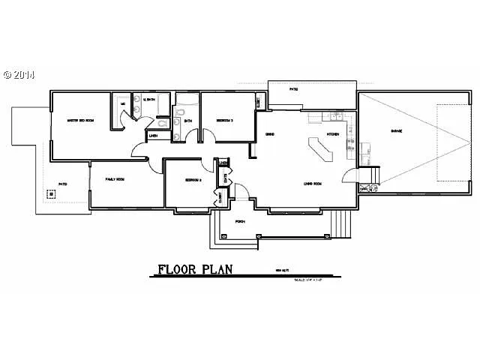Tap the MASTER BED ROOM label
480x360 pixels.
(79, 120)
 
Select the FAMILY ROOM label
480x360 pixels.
(115, 180)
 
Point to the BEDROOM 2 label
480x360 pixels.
(184, 180)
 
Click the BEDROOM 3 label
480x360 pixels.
(224, 120)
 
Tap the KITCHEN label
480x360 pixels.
(334, 134)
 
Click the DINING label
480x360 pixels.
(268, 134)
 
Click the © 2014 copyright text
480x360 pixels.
(19, 75)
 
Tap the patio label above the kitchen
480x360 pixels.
(295, 89)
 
